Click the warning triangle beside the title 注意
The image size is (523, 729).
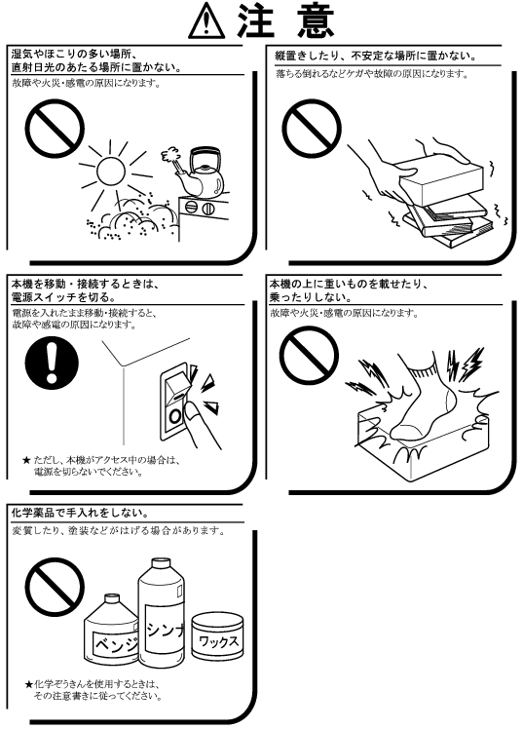pyautogui.click(x=206, y=20)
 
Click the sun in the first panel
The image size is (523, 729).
pyautogui.click(x=111, y=172)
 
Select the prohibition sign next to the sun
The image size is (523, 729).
pyautogui.click(x=55, y=129)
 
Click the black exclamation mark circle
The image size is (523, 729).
pyautogui.click(x=52, y=363)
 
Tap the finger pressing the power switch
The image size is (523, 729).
pyautogui.click(x=202, y=423)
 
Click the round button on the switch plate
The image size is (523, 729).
pyautogui.click(x=174, y=416)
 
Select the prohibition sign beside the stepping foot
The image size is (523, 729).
pyautogui.click(x=309, y=355)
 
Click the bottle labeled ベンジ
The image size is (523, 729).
pyautogui.click(x=111, y=630)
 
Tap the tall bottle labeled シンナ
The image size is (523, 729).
pyautogui.click(x=161, y=614)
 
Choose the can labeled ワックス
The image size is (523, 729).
pyautogui.click(x=217, y=636)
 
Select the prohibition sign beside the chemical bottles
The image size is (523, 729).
pyautogui.click(x=55, y=588)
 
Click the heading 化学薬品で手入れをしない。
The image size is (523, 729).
pyautogui.click(x=80, y=514)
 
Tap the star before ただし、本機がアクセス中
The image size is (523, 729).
pyautogui.click(x=26, y=461)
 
